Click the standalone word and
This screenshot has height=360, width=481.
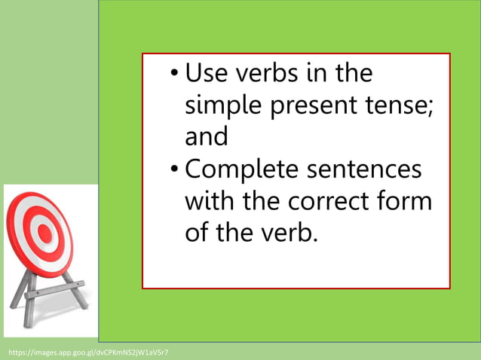(206, 138)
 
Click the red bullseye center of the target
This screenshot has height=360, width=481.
(44, 233)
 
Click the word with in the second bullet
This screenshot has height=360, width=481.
(212, 202)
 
